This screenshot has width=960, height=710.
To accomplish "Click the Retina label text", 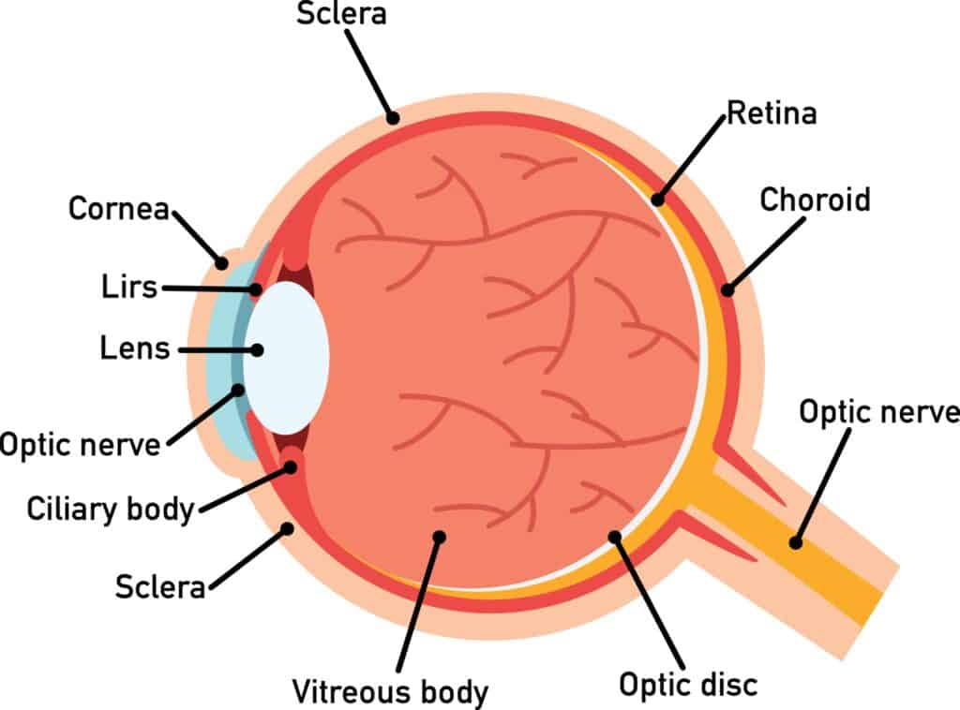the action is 772,113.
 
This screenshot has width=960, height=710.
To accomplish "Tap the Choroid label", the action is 815,200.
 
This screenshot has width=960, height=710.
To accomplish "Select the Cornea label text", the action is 119,209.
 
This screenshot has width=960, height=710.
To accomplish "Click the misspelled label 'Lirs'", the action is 129,287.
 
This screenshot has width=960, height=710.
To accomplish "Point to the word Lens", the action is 135,348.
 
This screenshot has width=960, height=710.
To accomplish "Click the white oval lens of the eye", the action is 287,358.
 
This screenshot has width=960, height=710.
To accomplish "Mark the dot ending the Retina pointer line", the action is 657,200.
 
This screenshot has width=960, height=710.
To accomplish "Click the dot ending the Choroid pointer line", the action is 727,289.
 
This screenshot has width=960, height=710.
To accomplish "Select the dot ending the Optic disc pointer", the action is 615,537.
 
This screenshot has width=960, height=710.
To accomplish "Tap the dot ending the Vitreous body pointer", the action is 439,537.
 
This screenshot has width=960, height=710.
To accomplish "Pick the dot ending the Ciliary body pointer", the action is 291,467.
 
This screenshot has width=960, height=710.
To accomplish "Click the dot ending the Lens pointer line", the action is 258,350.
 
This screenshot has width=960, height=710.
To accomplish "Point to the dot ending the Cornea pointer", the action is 221,263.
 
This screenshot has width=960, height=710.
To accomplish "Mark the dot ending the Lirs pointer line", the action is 255,289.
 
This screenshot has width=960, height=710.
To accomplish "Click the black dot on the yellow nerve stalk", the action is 795,542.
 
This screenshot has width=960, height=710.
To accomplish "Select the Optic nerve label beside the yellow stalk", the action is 879,412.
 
